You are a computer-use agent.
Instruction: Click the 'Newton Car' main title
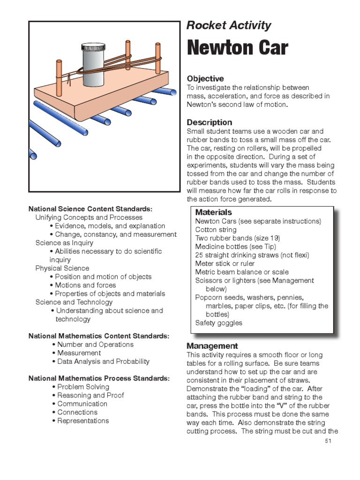[x=237, y=48]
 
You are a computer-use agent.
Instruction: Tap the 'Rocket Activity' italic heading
[x=228, y=25]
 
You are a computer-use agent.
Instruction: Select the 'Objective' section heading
[x=205, y=79]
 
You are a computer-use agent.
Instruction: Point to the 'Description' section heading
[x=209, y=122]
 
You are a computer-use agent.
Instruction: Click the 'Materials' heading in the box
[x=213, y=212]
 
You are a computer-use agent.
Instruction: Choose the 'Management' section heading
[x=212, y=346]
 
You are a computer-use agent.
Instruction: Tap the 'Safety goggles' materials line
[x=218, y=323]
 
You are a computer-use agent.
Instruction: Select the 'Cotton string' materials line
[x=216, y=230]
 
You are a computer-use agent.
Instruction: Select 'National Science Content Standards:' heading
[x=90, y=209]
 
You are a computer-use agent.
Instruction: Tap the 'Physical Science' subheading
[x=62, y=268]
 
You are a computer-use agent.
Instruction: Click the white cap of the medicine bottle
[x=94, y=47]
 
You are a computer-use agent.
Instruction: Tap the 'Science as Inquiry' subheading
[x=64, y=243]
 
